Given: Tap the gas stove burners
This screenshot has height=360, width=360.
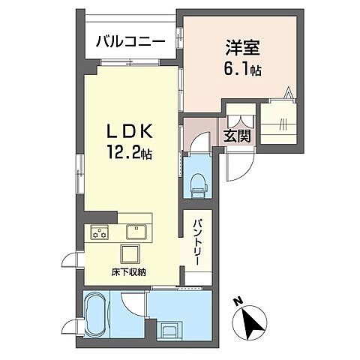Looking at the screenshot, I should pos(100,232).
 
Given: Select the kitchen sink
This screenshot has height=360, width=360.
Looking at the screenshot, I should pos(136,231).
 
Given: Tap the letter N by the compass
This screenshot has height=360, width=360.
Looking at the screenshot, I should pos(238,301).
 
